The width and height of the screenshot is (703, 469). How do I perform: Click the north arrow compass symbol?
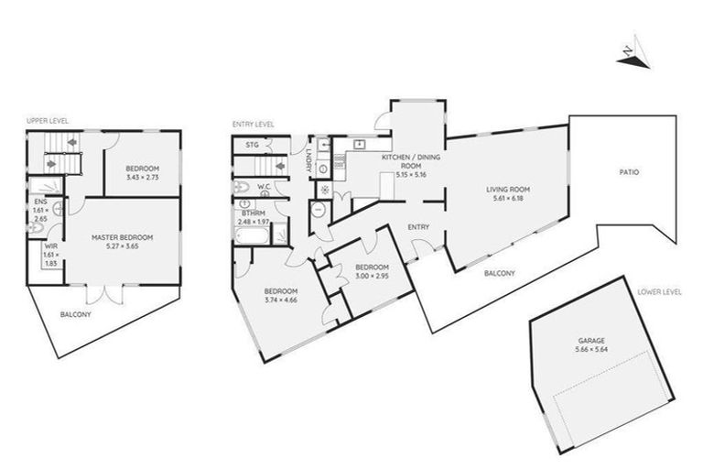[630, 54]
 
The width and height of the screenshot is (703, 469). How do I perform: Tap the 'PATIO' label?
[628, 171]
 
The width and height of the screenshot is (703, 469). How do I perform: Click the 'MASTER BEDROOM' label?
[122, 236]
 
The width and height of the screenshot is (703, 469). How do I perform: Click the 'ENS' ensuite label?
[39, 201]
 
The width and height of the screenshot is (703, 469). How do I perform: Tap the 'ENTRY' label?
[419, 226]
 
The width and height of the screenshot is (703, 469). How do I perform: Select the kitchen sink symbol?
[360, 144]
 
